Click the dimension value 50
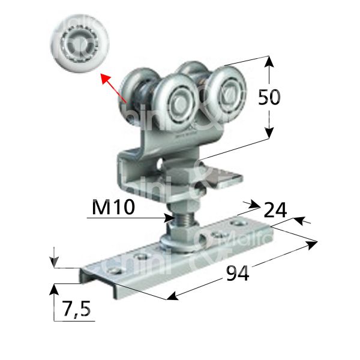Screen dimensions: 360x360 268,97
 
